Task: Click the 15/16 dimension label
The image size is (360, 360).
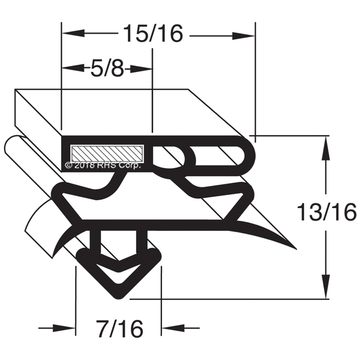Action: [x=153, y=34]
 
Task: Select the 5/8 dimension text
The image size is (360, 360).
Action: [x=107, y=68]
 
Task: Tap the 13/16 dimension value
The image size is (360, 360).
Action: [x=327, y=212]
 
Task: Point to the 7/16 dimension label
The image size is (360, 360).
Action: [x=119, y=329]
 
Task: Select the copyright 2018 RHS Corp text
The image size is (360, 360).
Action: [x=103, y=166]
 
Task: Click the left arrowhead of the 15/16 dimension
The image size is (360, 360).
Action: [x=73, y=33]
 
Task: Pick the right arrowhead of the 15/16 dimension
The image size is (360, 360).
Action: [x=244, y=36]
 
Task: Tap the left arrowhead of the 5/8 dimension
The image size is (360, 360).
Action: [x=73, y=68]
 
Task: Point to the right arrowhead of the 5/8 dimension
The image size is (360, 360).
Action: [x=142, y=68]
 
